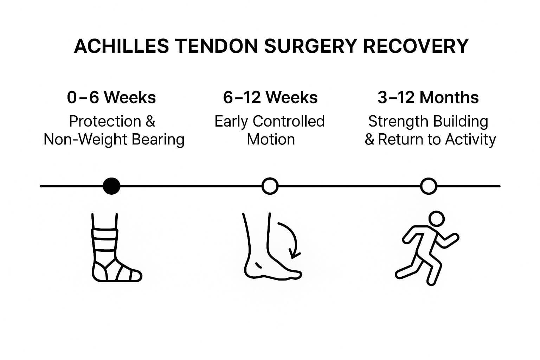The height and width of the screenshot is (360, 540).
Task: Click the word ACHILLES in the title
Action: (x=122, y=46)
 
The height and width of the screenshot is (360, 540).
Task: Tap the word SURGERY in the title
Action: (x=311, y=46)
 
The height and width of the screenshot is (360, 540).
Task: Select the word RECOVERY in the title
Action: (x=416, y=46)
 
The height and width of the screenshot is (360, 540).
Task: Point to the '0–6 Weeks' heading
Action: (x=111, y=98)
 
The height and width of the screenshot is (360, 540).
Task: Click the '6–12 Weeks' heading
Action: (x=270, y=98)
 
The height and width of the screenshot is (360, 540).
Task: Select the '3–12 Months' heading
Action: (x=428, y=98)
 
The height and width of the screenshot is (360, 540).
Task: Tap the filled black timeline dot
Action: (x=111, y=186)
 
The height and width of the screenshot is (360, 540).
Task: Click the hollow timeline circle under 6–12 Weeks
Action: (x=270, y=186)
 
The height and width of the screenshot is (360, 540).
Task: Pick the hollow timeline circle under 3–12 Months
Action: (x=429, y=186)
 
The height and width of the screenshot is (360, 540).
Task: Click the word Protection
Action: (x=105, y=121)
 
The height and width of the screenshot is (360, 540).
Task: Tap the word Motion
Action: (x=271, y=140)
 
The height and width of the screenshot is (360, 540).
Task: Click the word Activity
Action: (x=470, y=140)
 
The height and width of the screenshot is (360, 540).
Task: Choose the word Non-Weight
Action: (x=85, y=140)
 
